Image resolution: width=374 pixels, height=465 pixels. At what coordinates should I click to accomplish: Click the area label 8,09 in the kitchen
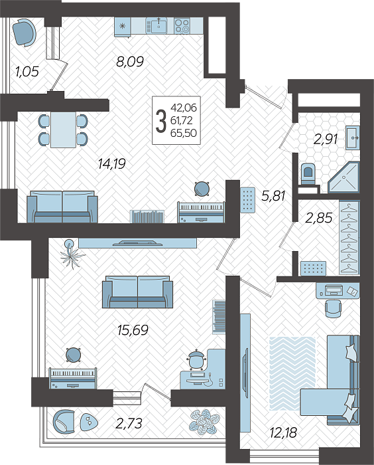(130, 62)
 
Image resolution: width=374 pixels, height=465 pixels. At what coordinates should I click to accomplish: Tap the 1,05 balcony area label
(27, 72)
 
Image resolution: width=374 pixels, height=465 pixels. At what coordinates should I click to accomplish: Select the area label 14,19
(112, 163)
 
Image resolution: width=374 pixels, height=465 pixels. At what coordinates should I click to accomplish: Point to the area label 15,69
(133, 329)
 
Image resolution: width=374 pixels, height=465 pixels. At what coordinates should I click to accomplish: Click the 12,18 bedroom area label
(283, 432)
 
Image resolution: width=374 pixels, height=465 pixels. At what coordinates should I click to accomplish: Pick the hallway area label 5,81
(273, 196)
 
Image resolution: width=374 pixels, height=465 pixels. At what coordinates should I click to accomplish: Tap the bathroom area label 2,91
(326, 139)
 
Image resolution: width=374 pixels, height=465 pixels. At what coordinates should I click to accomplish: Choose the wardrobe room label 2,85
(318, 218)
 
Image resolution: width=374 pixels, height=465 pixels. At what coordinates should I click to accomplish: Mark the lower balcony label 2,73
(129, 423)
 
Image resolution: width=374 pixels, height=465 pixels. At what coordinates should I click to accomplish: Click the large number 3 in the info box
(160, 121)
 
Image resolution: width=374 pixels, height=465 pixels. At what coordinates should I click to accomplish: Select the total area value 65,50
(184, 133)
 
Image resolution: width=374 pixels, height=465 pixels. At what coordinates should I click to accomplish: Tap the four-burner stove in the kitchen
(182, 25)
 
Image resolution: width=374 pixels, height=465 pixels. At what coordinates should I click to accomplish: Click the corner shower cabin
(343, 177)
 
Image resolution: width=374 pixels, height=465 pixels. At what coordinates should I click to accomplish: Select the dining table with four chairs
(63, 130)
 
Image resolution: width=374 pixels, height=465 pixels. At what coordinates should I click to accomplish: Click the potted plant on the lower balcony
(204, 422)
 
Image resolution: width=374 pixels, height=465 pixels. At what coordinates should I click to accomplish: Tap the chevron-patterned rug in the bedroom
(292, 373)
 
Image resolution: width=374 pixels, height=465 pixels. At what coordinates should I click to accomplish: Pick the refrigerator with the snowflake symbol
(123, 27)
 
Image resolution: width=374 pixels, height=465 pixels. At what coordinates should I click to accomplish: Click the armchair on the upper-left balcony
(25, 32)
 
